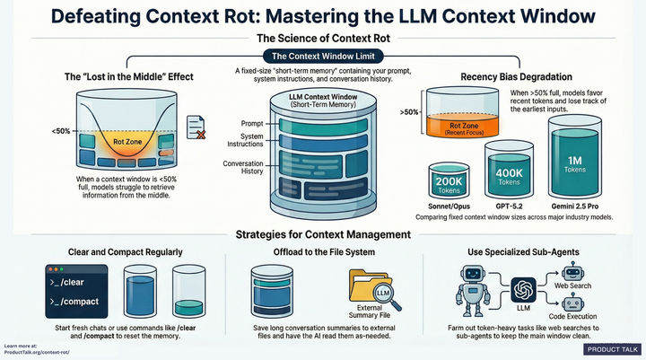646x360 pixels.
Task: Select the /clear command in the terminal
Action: pyautogui.click(x=76, y=282)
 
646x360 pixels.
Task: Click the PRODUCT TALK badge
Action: pyautogui.click(x=611, y=349)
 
